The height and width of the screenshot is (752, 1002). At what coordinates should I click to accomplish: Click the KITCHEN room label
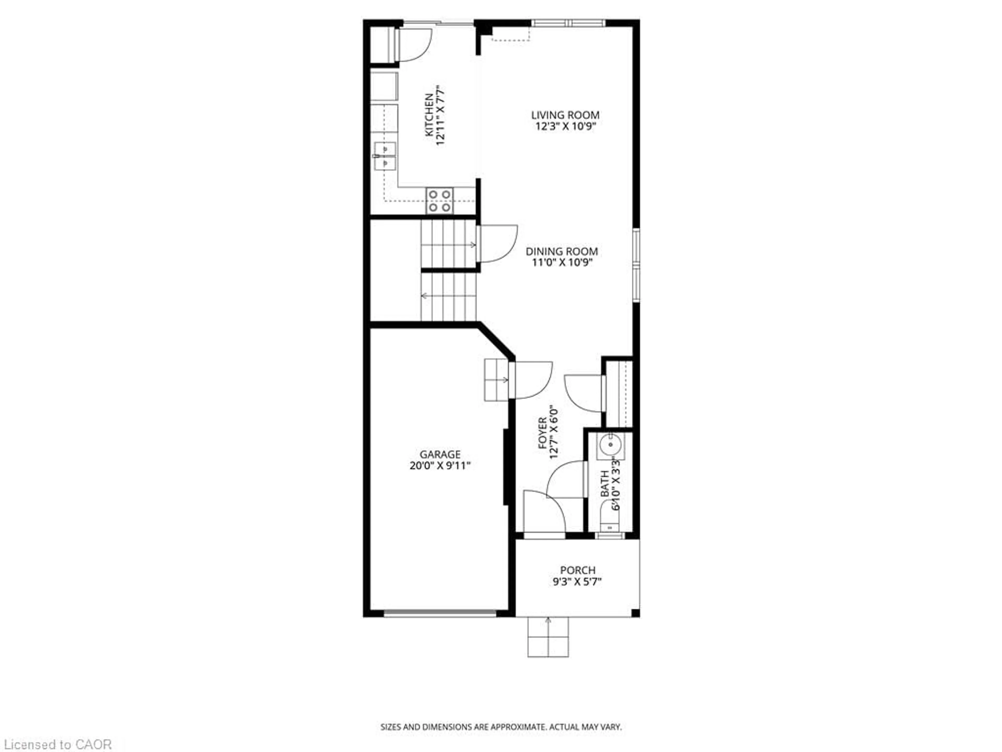[428, 115]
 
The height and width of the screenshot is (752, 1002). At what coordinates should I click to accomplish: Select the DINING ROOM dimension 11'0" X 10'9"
[562, 262]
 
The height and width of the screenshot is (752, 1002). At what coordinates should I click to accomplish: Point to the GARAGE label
[440, 454]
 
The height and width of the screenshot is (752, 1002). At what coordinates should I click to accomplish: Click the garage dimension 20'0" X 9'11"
[440, 466]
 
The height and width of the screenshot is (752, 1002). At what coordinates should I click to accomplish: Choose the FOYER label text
[542, 434]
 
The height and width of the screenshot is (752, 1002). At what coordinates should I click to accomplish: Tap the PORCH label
[577, 570]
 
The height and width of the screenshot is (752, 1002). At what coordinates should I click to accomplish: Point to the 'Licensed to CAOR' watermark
[58, 744]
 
